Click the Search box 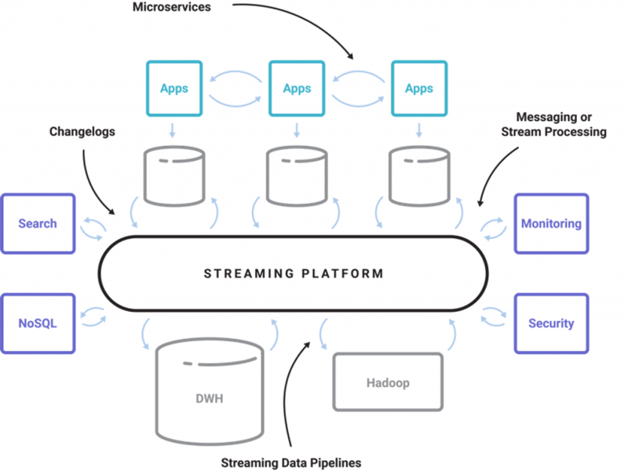[38, 224]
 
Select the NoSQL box [38, 324]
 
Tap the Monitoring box [551, 224]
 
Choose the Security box [551, 324]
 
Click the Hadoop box [388, 382]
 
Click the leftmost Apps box [174, 89]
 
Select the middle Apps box [297, 89]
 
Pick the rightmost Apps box [419, 89]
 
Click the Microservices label [171, 7]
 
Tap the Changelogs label [82, 131]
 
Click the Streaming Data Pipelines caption [291, 463]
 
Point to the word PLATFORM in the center [343, 273]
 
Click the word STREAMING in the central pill [249, 273]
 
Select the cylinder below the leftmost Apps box [174, 176]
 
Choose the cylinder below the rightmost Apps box [419, 176]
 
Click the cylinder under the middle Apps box [297, 176]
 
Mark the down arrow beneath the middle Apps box [297, 130]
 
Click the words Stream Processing [554, 132]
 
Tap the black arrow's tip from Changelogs [115, 214]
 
